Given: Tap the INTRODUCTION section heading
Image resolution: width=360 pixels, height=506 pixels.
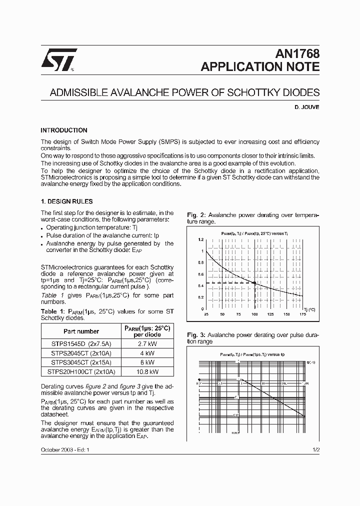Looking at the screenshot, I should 64,130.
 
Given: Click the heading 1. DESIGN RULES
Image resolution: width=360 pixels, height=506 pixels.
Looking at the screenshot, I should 66,201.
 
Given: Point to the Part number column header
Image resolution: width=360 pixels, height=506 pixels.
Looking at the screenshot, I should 81,331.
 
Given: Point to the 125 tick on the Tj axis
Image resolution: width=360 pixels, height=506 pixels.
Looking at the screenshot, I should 270,314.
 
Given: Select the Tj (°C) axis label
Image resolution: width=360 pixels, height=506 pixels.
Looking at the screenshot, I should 309,309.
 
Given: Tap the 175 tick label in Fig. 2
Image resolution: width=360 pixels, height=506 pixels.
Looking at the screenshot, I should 302,314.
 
